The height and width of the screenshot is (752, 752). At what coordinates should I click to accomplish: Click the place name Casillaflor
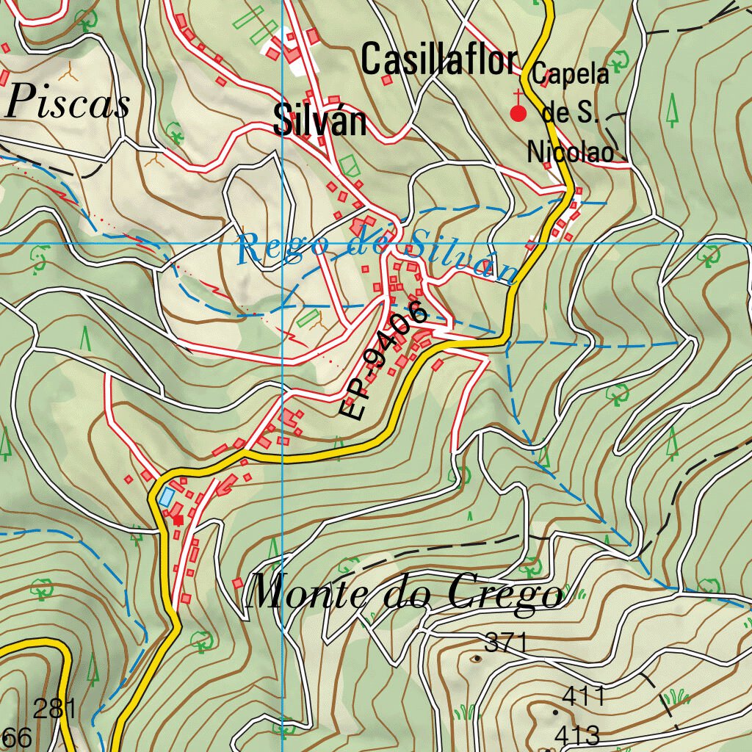(x=439, y=60)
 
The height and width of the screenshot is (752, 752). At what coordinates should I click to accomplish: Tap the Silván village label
(x=319, y=120)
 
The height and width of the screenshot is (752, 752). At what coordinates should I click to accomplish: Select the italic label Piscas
(x=67, y=103)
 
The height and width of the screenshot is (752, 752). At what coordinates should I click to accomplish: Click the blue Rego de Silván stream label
(x=378, y=253)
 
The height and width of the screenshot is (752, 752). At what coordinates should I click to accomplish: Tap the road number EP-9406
(x=383, y=360)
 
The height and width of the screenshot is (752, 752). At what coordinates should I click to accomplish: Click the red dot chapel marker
(x=518, y=113)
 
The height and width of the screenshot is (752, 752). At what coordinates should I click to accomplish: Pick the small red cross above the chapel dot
(x=518, y=95)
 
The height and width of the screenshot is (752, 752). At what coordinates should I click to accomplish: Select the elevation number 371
(x=506, y=643)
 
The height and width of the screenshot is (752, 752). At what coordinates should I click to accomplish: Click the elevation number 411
(x=583, y=695)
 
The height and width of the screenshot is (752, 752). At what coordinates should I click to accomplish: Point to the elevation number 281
(x=54, y=709)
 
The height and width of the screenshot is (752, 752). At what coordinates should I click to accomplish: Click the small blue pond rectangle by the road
(x=167, y=497)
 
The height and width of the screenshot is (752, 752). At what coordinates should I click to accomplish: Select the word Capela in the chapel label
(x=571, y=74)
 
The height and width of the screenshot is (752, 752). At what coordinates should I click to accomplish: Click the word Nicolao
(x=570, y=152)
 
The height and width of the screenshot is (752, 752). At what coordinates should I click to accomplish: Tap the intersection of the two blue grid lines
(x=284, y=242)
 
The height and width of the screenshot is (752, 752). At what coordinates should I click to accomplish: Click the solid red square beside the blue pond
(x=178, y=519)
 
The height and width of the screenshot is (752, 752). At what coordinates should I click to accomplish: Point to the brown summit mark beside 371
(x=477, y=657)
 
